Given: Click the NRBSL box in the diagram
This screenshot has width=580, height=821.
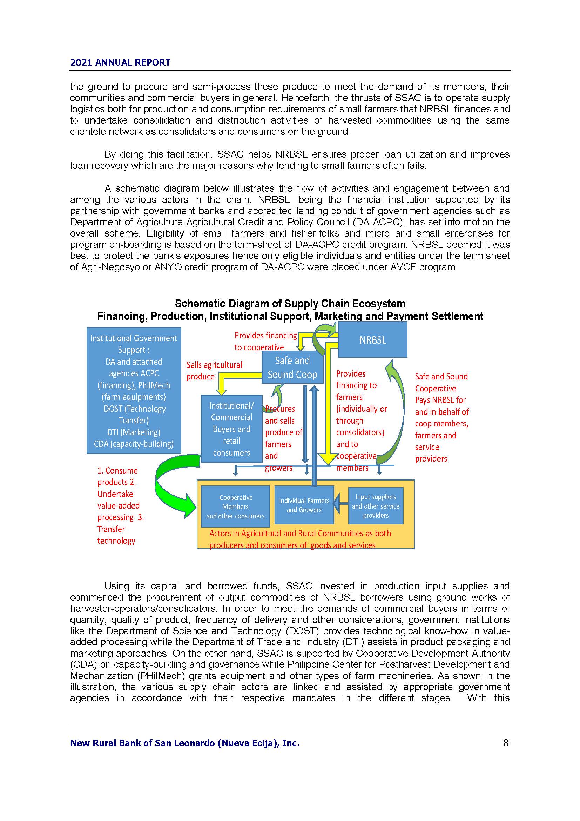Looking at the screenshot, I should (x=372, y=340).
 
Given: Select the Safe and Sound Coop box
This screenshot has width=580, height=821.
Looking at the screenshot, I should (x=292, y=368).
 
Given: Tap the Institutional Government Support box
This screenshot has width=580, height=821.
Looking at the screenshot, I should (x=134, y=390).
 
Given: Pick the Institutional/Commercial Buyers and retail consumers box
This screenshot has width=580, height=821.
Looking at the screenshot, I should (x=231, y=429).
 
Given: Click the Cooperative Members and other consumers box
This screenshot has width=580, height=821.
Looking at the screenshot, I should (x=235, y=506).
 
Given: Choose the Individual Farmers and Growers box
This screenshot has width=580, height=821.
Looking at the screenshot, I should (x=304, y=505).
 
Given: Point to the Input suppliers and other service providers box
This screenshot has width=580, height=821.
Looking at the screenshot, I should (x=376, y=506).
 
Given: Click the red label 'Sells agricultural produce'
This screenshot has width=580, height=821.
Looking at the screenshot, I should (x=214, y=370).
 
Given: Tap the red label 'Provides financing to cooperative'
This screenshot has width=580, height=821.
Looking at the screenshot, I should (x=265, y=341).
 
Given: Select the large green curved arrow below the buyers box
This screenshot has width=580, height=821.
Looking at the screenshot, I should (x=171, y=486).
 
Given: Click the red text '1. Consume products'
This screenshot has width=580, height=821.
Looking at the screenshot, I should (x=117, y=476).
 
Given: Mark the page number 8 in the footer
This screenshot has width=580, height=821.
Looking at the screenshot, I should (x=505, y=743).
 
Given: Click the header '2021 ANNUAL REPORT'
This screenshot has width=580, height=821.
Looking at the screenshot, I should (x=120, y=62).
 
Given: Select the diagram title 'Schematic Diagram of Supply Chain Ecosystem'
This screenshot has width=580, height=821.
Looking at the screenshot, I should (x=290, y=304).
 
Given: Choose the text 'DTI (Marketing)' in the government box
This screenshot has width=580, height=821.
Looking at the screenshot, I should (x=134, y=432).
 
